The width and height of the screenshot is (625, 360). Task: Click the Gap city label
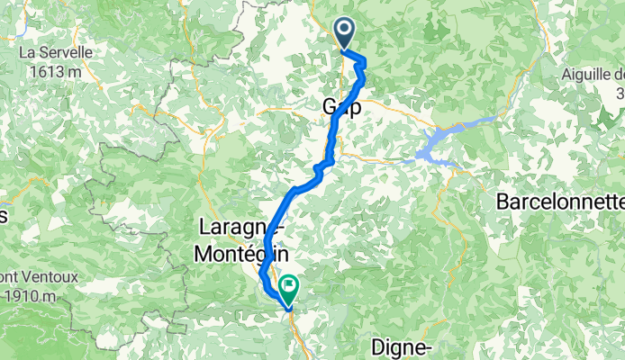tap(341, 107)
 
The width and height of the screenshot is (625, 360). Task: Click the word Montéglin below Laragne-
tap(234, 255)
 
